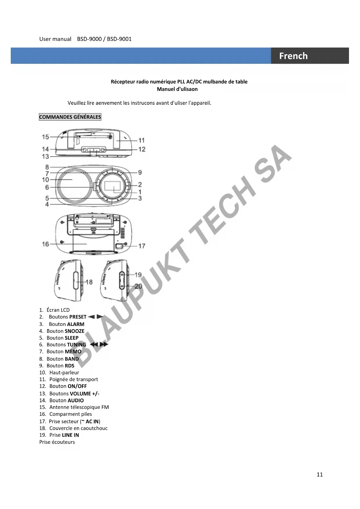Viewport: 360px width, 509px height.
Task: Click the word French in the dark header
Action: point(293,56)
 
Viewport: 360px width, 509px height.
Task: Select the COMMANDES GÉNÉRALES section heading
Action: point(70,117)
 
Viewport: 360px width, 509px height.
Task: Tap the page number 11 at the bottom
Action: point(319,474)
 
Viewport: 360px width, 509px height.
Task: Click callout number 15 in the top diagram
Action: point(45,137)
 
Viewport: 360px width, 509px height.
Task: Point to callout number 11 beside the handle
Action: point(141,140)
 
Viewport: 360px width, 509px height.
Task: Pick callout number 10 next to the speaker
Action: point(45,180)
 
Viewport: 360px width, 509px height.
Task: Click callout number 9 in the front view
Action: point(140,173)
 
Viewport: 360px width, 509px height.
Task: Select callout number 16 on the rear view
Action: point(45,244)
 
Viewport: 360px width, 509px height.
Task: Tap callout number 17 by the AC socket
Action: point(142,246)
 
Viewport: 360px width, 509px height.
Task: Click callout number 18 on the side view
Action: point(89,282)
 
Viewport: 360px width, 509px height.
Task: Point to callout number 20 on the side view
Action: point(138,286)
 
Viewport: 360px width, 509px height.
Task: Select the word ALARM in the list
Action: point(76,324)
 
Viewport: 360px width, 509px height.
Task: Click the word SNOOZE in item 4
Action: point(75,331)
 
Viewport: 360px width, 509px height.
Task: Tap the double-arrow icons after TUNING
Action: point(99,344)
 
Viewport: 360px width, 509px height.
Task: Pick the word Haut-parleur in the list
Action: point(64,373)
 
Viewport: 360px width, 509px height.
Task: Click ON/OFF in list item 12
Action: point(77,386)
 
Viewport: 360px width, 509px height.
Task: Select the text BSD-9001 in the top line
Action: point(119,39)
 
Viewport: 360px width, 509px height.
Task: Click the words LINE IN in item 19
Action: point(70,435)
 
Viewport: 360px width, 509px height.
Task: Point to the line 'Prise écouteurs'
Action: point(57,442)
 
